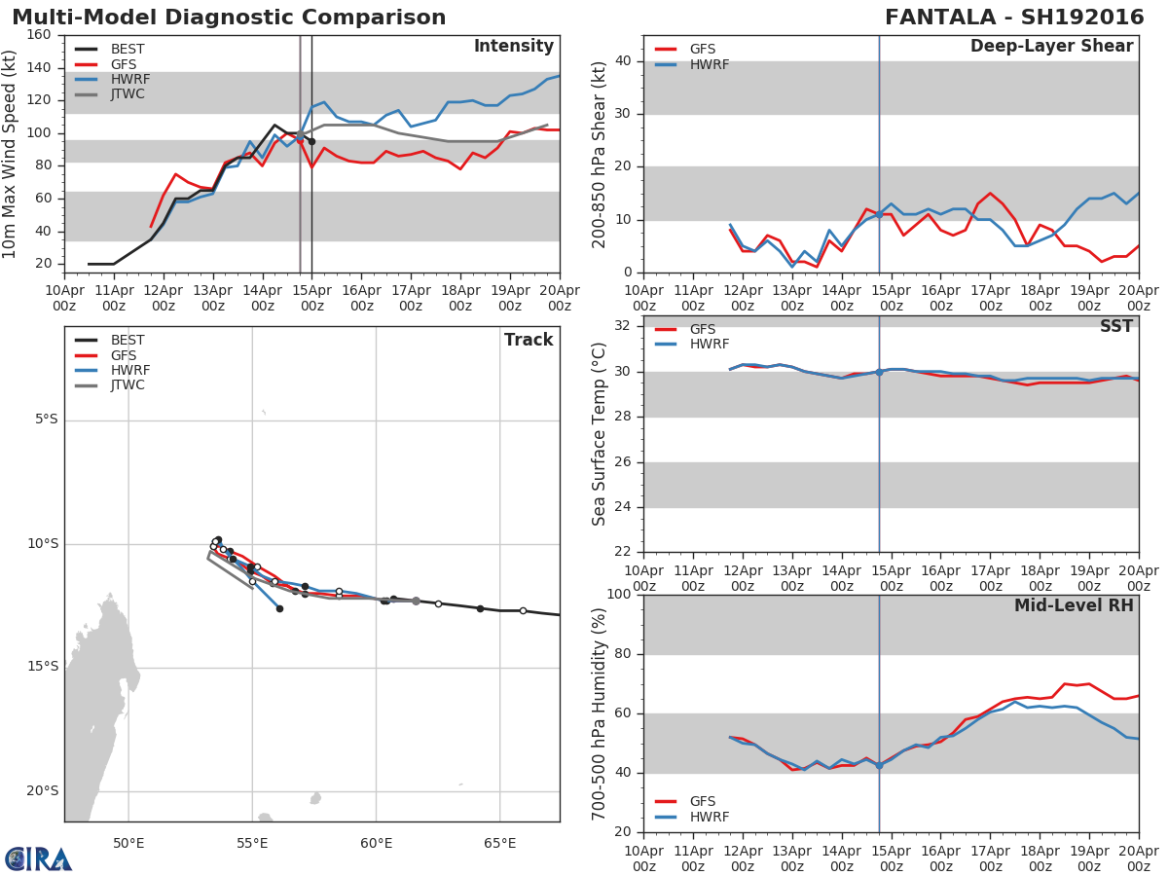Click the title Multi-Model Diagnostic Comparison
click(229, 18)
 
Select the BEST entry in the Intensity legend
click(128, 49)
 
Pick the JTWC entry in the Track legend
click(128, 385)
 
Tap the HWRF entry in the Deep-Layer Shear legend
click(709, 64)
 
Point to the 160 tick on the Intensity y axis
click(40, 35)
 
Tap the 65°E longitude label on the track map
click(499, 842)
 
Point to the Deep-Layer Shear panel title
click(1051, 47)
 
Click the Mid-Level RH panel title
click(1074, 605)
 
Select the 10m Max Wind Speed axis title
click(11, 154)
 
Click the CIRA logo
click(39, 858)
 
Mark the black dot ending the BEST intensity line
click(311, 142)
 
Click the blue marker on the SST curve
click(879, 372)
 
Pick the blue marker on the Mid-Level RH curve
click(879, 765)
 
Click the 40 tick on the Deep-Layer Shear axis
click(624, 61)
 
